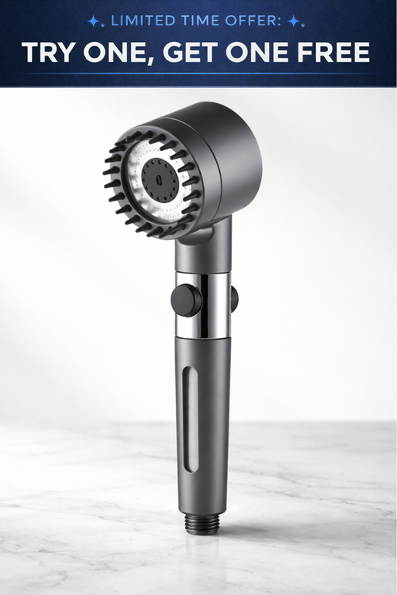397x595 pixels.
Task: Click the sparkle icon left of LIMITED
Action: pyautogui.click(x=94, y=21)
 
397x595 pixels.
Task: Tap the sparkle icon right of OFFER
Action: pyautogui.click(x=294, y=21)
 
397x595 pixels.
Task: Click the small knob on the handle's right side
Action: pyautogui.click(x=233, y=298)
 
